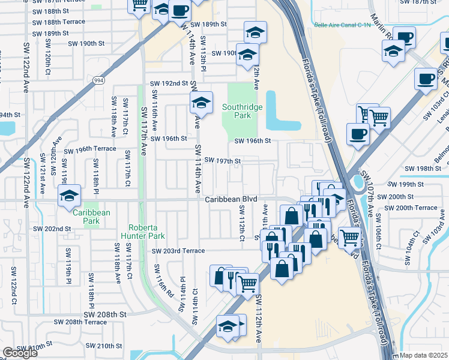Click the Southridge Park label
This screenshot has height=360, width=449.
pos(236,111)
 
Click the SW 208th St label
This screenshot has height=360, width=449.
pos(105,314)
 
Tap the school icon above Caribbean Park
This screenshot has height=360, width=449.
pos(69,196)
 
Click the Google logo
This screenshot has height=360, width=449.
pos(20,353)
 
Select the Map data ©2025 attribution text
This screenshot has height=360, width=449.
pos(424,355)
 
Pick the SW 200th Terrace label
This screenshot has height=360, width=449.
pos(411,208)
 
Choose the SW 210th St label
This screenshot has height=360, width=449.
pos(103,346)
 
